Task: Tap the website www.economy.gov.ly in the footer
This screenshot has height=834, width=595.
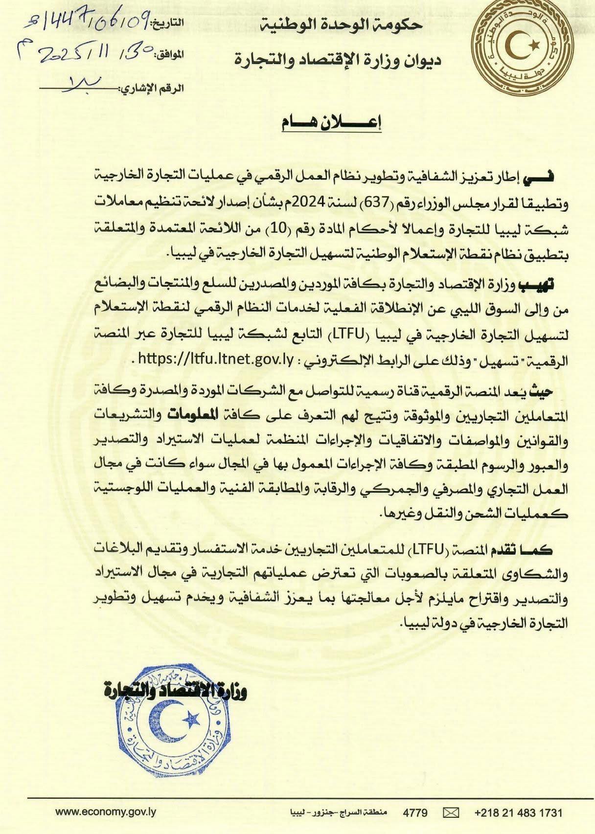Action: click(x=105, y=812)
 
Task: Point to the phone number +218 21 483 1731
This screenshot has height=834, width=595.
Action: click(x=519, y=812)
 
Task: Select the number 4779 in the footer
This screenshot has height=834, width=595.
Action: click(x=415, y=812)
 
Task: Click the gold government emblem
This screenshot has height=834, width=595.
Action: click(x=525, y=47)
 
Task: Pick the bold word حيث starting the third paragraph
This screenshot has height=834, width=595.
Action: click(x=560, y=390)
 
